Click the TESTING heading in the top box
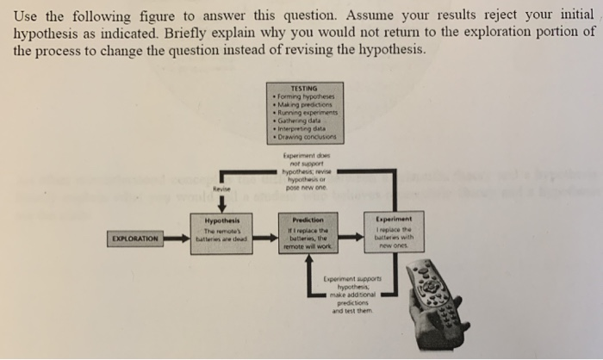point(305,87)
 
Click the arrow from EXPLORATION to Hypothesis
point(178,237)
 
